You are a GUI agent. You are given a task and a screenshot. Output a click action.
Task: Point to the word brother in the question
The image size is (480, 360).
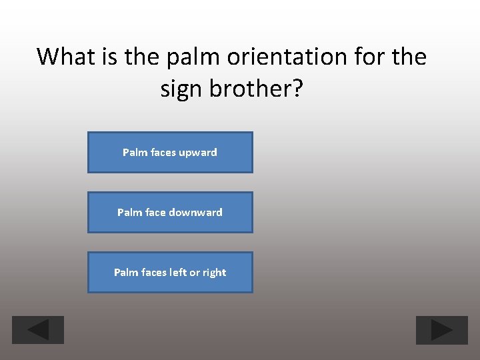tap(247, 89)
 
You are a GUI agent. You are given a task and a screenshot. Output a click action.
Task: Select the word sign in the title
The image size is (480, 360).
tap(181, 89)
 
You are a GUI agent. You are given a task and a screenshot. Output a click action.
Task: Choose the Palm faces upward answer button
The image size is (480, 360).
tap(170, 153)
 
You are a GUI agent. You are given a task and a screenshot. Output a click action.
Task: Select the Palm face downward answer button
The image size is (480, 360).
tap(170, 213)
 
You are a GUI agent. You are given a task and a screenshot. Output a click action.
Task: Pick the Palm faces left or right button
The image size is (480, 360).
tap(170, 273)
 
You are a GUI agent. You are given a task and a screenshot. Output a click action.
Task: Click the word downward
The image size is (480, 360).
tap(195, 213)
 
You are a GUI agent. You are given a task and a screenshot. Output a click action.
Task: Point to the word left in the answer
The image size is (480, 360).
tap(178, 273)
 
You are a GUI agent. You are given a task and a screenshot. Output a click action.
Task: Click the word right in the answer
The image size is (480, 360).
tap(214, 273)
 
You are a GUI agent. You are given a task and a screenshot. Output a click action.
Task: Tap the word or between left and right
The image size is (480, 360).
tap(194, 273)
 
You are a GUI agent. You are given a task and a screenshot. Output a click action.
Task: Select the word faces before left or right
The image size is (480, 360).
tap(154, 273)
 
